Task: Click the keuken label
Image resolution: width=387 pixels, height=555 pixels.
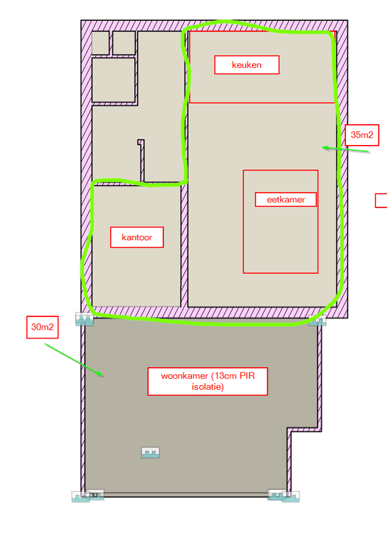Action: tap(247, 65)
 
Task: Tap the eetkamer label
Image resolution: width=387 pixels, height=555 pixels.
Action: tap(286, 200)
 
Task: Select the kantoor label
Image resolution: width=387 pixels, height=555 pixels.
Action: tap(137, 237)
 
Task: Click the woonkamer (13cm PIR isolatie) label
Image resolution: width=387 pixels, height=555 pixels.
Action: tap(208, 381)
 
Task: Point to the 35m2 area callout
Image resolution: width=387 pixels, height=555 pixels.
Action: tap(362, 135)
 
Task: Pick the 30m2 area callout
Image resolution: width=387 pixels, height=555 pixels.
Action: tap(42, 327)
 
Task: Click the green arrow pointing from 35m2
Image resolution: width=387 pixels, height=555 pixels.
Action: tap(345, 149)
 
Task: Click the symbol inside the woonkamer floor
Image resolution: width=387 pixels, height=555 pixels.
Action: tap(151, 452)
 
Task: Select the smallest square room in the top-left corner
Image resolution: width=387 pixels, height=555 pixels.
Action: tap(100, 43)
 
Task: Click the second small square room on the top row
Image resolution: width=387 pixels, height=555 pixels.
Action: tap(124, 43)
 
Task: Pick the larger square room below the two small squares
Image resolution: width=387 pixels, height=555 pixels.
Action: tap(113, 80)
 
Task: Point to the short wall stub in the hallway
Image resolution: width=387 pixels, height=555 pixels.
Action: tap(142, 160)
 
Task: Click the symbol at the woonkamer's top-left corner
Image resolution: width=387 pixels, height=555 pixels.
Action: tap(85, 319)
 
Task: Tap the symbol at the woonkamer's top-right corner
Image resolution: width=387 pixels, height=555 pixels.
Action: tap(318, 321)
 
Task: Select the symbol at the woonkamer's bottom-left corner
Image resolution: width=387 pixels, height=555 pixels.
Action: tap(88, 495)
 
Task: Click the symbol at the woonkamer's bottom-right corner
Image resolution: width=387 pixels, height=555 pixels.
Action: tap(283, 495)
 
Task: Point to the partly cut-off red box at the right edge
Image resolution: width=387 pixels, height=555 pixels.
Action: tap(381, 200)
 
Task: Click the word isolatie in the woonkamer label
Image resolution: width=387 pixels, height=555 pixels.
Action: tap(208, 387)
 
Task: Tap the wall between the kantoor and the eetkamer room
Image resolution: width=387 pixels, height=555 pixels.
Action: tap(184, 246)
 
